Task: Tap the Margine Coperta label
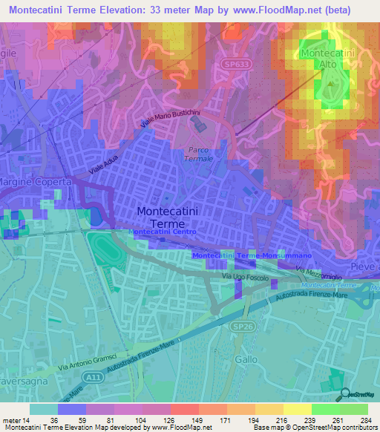click(34, 182)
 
